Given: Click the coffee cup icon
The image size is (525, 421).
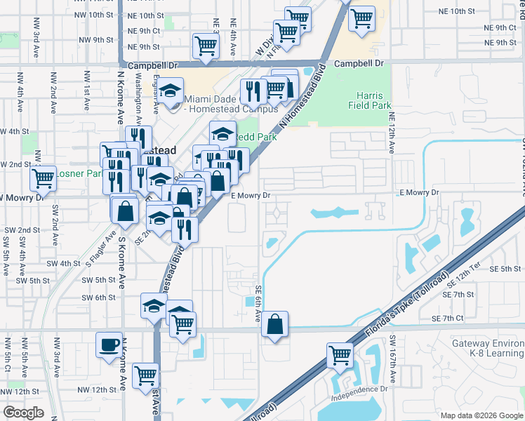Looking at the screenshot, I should click(x=108, y=345).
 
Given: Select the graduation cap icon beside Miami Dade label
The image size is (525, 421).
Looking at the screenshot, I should click(x=170, y=91).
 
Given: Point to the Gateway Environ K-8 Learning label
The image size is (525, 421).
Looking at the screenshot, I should click(x=488, y=348).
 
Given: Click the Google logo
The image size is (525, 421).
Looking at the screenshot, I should click(x=23, y=413).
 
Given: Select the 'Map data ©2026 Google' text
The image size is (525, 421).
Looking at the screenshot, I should click(x=481, y=415).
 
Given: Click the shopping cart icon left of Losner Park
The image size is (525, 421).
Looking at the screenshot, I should click(x=44, y=178).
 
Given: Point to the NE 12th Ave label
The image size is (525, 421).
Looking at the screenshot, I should click(x=392, y=133).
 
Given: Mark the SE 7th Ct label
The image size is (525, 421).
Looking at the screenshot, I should click(x=468, y=319).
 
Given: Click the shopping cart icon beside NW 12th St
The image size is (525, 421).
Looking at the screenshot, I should click(x=146, y=375).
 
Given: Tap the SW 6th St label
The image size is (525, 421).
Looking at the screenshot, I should click(x=98, y=298).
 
